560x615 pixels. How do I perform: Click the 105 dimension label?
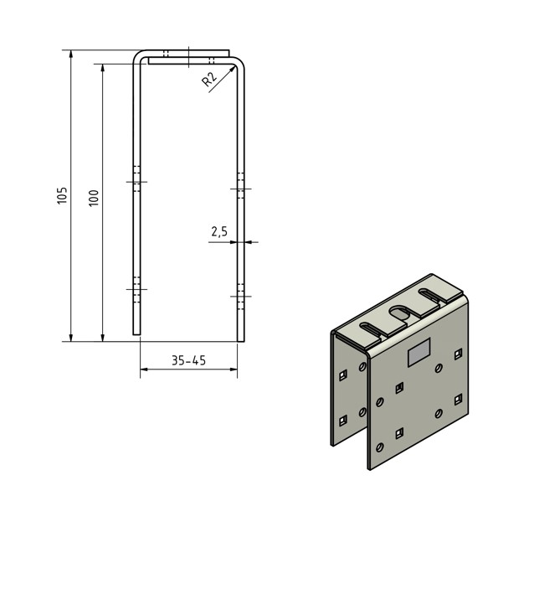point(62,195)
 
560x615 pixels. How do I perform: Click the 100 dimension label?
point(94,198)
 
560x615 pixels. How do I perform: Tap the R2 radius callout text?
point(209,79)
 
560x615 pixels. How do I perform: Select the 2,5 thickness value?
point(219,231)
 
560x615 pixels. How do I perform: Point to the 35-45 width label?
point(188,360)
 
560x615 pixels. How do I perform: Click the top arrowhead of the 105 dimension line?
point(71,54)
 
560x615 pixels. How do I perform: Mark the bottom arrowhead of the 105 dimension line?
point(71,338)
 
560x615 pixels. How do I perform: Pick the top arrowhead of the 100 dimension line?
point(103,68)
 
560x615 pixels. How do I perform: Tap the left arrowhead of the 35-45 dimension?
point(145,369)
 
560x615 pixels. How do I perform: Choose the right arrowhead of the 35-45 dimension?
point(234,369)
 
